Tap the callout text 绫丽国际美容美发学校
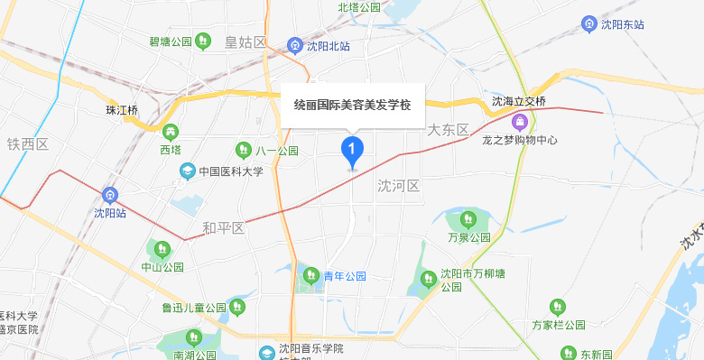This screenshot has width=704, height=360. pyautogui.click(x=352, y=106)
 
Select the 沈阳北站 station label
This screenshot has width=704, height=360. pyautogui.click(x=329, y=45)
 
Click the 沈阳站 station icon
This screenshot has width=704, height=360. pyautogui.click(x=110, y=193)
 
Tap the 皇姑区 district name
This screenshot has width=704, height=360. pyautogui.click(x=245, y=42)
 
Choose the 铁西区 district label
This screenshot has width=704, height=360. pyautogui.click(x=27, y=144)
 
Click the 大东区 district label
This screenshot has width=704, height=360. pyautogui.click(x=449, y=130)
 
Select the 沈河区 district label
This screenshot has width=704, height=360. pyautogui.click(x=399, y=186)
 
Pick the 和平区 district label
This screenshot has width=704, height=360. pyautogui.click(x=223, y=227)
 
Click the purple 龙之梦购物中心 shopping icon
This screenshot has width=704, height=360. pyautogui.click(x=519, y=121)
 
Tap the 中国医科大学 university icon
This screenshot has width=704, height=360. pyautogui.click(x=187, y=171)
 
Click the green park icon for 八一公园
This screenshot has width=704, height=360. pyautogui.click(x=243, y=150)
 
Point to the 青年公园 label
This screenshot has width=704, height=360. pyautogui.click(x=345, y=275)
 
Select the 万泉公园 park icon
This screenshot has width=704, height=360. pyautogui.click(x=468, y=218)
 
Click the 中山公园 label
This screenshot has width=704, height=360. pyautogui.click(x=162, y=267)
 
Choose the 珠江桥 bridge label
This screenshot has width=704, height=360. pyautogui.click(x=122, y=110)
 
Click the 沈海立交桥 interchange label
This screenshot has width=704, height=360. pyautogui.click(x=519, y=101)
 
